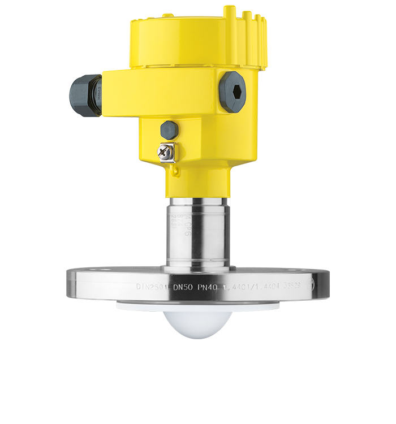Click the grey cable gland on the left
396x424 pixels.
pos(85,96)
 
